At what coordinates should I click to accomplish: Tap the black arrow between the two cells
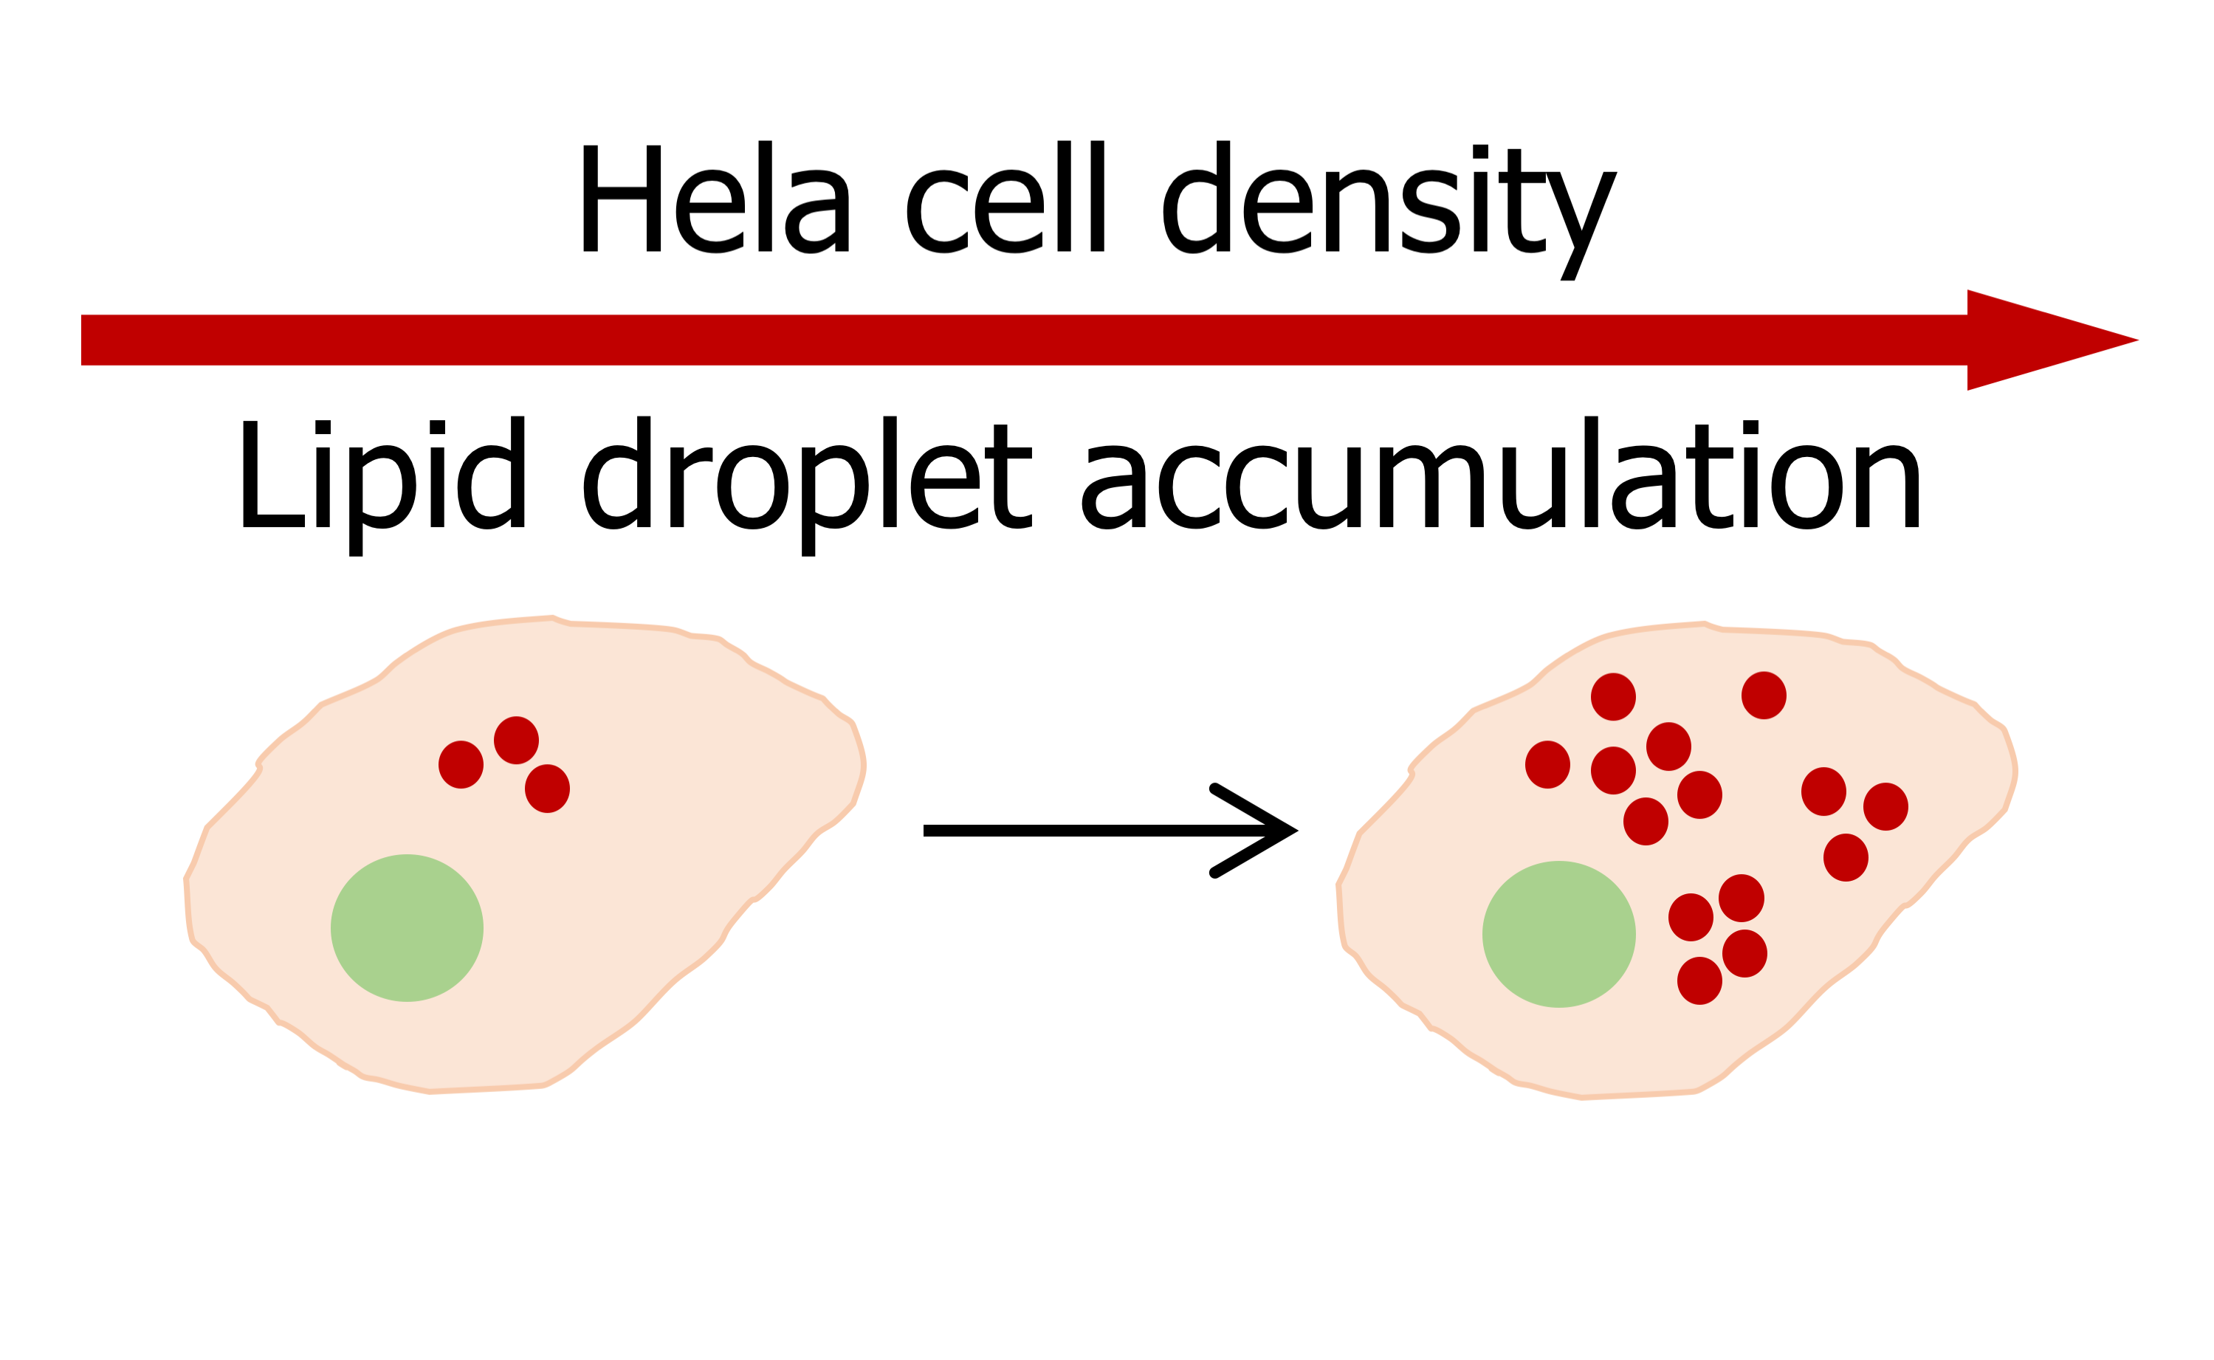pyautogui.click(x=1106, y=830)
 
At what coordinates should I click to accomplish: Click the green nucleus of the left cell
pyautogui.click(x=407, y=927)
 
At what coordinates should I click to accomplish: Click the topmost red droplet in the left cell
pyautogui.click(x=516, y=741)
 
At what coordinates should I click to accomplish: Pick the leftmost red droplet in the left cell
pyautogui.click(x=461, y=765)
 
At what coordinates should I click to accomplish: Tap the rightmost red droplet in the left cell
pyautogui.click(x=547, y=789)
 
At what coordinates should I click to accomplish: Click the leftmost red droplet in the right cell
pyautogui.click(x=1547, y=765)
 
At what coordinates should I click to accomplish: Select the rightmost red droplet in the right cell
pyautogui.click(x=1885, y=806)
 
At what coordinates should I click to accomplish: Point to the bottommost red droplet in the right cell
pyautogui.click(x=1699, y=980)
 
